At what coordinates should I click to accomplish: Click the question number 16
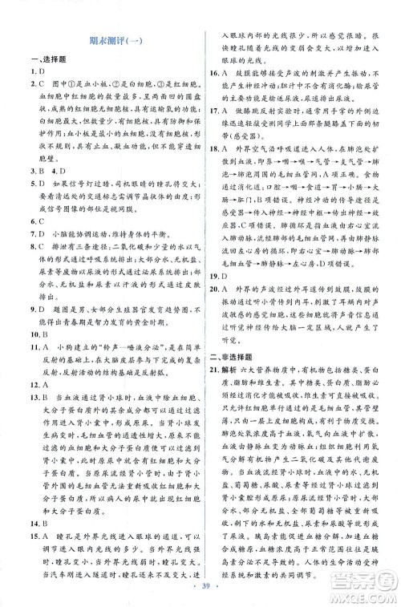point(215,79)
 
